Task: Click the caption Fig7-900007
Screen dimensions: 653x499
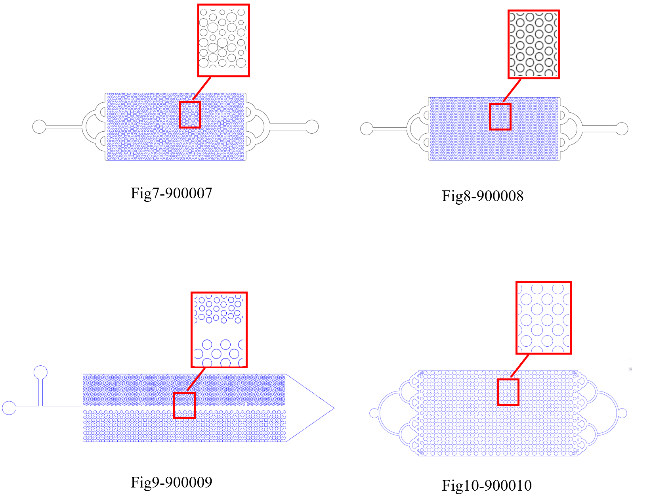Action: click(x=171, y=193)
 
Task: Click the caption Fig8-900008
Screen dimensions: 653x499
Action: click(x=482, y=196)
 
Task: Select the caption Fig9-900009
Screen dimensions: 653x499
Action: click(x=171, y=482)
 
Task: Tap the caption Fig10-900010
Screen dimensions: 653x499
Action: click(x=487, y=485)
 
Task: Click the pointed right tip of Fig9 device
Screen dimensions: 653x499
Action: click(x=334, y=408)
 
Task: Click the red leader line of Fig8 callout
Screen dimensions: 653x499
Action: click(x=512, y=90)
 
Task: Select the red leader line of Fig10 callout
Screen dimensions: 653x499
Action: click(x=520, y=365)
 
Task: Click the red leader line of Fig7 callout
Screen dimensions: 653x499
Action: click(x=202, y=88)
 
